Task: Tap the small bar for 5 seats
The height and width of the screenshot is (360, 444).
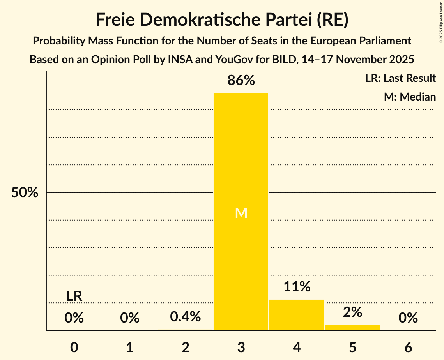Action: click(x=352, y=327)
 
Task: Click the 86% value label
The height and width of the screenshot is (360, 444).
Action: click(x=241, y=81)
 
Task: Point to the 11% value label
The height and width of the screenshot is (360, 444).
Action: click(x=297, y=287)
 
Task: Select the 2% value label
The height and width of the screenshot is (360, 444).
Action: click(x=352, y=312)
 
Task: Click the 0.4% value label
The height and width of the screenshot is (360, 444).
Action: click(x=186, y=317)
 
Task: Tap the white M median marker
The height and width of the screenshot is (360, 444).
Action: click(x=241, y=213)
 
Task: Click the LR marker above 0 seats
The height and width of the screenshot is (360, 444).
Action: click(x=74, y=296)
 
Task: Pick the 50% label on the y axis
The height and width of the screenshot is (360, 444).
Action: click(x=25, y=192)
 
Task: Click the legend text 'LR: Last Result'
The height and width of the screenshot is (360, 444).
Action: click(x=400, y=78)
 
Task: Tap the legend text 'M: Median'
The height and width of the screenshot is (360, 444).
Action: click(x=410, y=97)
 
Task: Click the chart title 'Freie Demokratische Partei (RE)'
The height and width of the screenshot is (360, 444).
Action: click(x=222, y=20)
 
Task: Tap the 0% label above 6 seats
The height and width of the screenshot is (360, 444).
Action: click(x=408, y=318)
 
